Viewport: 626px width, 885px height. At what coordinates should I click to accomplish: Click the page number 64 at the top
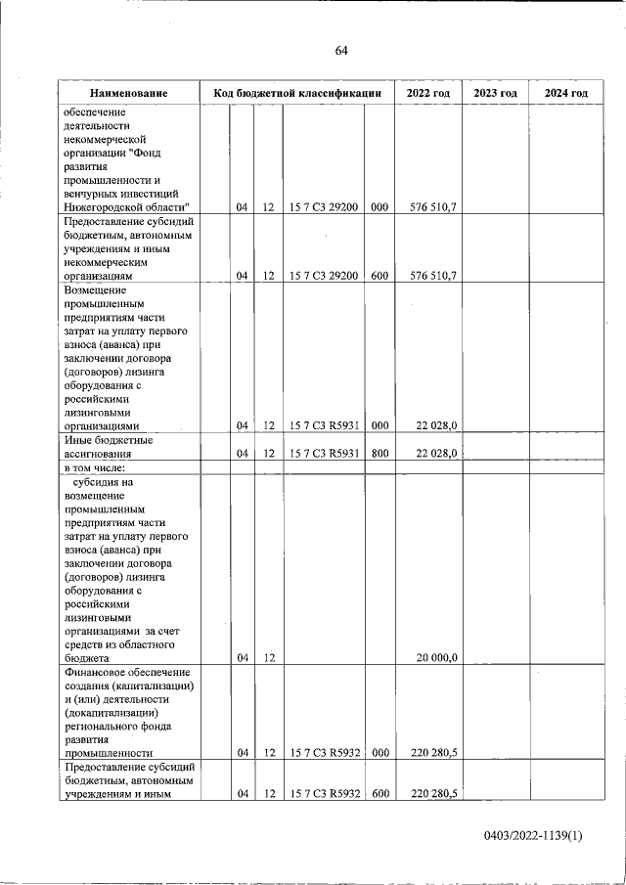[x=341, y=51]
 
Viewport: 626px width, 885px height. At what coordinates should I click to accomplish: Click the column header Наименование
[x=128, y=93]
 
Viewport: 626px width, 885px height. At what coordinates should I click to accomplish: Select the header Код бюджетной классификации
[x=297, y=93]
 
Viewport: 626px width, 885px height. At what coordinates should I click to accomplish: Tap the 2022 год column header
[x=427, y=93]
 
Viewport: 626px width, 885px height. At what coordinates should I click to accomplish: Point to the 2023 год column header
[x=495, y=93]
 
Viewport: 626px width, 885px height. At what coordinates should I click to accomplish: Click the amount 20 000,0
[x=437, y=658]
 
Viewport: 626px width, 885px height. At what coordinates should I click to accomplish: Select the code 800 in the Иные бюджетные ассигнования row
[x=380, y=453]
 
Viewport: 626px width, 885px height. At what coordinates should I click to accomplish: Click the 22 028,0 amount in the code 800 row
[x=437, y=453]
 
